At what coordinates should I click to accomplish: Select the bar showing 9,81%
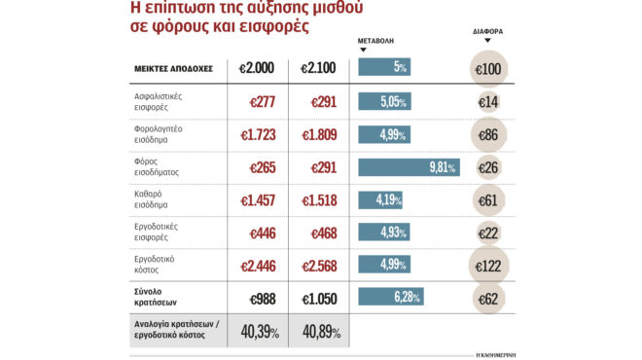(x=409, y=167)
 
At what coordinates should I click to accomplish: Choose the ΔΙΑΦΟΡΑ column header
(x=486, y=32)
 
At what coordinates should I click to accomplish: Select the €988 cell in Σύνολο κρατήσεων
(x=259, y=298)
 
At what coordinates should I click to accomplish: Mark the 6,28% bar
(x=391, y=296)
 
